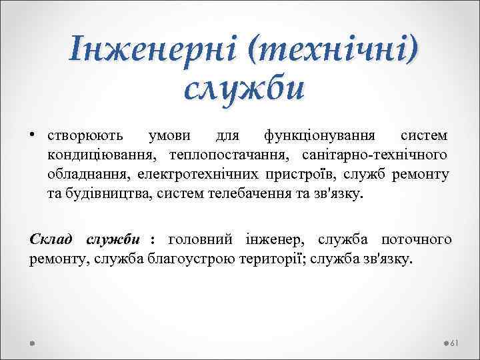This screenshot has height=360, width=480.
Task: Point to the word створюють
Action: click(x=85, y=136)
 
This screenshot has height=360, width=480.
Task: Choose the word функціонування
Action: click(x=316, y=136)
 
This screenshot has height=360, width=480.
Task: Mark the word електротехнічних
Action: click(x=194, y=175)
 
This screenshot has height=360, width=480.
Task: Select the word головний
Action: click(x=199, y=239)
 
